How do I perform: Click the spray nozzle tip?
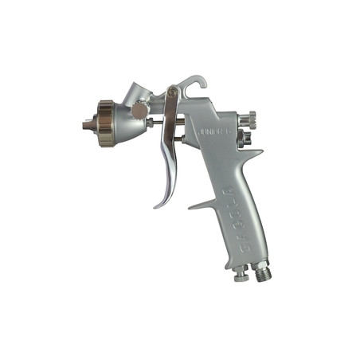[x=84, y=125]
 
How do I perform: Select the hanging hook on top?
[x=194, y=83]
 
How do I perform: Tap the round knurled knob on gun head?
[x=139, y=111]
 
